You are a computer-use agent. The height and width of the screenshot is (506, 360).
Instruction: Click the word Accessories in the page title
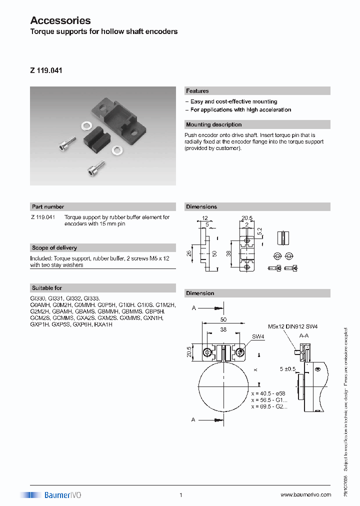(x=60, y=20)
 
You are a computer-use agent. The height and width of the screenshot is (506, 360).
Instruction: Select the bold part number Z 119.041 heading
(x=46, y=71)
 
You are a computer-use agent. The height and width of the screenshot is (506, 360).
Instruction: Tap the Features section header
(x=197, y=91)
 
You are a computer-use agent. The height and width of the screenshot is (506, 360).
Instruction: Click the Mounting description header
(x=213, y=124)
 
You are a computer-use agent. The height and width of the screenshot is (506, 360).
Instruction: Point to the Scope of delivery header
(x=54, y=247)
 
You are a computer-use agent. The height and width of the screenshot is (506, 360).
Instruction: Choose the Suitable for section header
(x=47, y=288)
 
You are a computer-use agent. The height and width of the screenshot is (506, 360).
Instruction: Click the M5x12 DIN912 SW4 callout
(x=292, y=326)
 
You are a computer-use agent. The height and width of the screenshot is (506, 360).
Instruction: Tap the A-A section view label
(x=304, y=336)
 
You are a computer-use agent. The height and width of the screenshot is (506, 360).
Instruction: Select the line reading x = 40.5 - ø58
(x=268, y=393)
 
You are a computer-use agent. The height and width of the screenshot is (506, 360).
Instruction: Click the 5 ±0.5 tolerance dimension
(x=288, y=369)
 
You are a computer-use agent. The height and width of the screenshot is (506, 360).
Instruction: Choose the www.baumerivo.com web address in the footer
(x=305, y=494)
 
